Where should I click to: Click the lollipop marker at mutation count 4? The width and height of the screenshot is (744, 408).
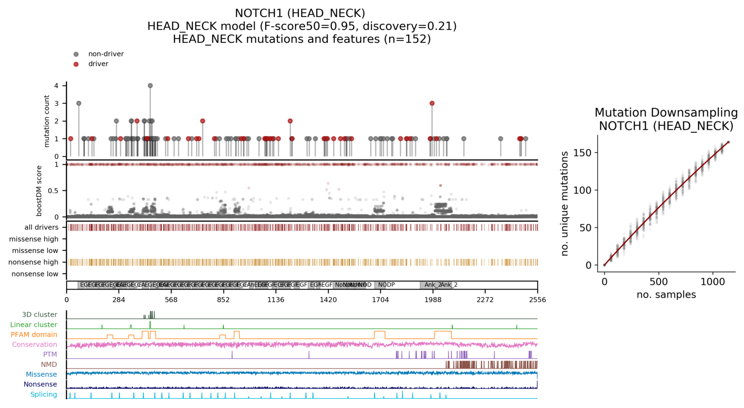click(150, 86)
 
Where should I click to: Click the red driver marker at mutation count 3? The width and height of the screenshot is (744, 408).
click(432, 103)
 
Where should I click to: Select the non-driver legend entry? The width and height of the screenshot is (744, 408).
click(105, 54)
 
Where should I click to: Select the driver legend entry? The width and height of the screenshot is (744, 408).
click(98, 64)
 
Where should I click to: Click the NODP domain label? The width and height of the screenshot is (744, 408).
click(386, 285)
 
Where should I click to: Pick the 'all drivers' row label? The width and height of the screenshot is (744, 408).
click(41, 227)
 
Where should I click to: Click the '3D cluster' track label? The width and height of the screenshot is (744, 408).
click(40, 315)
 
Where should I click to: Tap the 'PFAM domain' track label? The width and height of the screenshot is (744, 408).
click(34, 335)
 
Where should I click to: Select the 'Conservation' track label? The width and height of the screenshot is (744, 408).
click(34, 345)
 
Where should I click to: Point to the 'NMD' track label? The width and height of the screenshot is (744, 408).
click(49, 364)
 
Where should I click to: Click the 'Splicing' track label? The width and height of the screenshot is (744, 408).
click(44, 394)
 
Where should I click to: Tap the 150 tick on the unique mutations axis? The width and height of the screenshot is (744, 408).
click(587, 153)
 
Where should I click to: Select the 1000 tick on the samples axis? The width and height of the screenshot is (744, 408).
click(713, 282)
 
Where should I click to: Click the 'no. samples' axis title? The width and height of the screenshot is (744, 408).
click(666, 295)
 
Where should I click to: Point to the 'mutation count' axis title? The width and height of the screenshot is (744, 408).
click(47, 121)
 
